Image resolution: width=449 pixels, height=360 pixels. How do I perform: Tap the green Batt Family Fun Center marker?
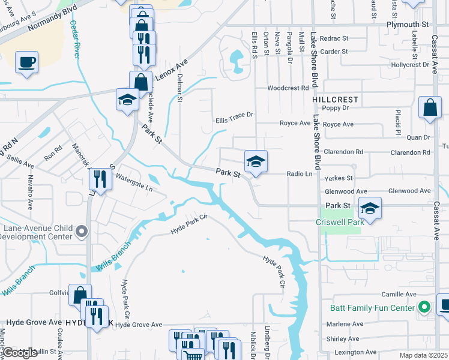pos(425,308)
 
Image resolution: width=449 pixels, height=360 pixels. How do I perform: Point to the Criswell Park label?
pos(337,221)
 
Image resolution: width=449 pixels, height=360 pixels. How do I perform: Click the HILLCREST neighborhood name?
pos(335,99)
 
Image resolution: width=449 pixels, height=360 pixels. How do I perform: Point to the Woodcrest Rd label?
pos(288,88)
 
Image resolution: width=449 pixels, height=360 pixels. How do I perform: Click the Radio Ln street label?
pos(300,174)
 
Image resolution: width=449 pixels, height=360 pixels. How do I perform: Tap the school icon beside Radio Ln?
pos(256,161)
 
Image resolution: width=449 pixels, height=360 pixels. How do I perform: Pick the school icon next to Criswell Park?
pos(370,209)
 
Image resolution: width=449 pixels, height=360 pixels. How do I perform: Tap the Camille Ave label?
pos(399,295)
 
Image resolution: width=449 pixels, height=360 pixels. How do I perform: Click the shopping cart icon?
pos(193,356)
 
